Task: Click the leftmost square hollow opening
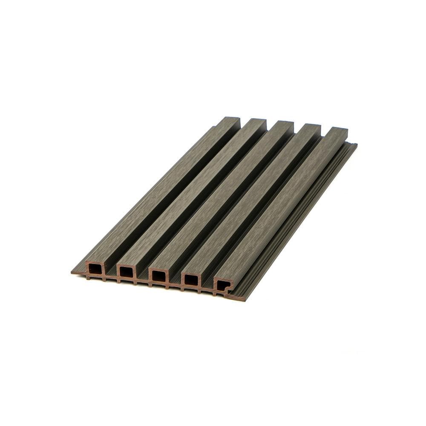95,269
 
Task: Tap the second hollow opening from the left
127,272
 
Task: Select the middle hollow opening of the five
158,276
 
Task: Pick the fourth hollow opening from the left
191,280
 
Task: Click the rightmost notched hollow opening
223,285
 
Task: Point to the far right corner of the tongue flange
356,145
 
